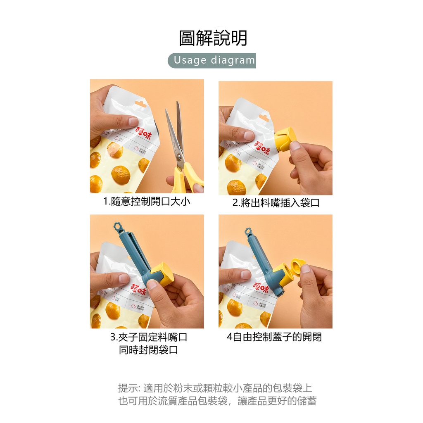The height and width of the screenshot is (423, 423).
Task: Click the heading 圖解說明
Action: click(x=213, y=38)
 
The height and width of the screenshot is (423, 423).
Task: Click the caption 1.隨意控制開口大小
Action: click(x=147, y=202)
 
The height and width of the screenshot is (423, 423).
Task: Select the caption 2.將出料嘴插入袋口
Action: click(x=276, y=203)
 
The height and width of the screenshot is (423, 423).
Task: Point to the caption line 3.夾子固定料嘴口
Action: click(x=148, y=337)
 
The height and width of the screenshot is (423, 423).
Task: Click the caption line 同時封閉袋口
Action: click(x=148, y=350)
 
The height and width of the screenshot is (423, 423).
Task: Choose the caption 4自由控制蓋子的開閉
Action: click(x=274, y=337)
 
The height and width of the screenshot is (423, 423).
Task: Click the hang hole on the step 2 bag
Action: click(x=264, y=118)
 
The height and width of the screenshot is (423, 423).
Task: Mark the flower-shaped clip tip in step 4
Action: click(x=248, y=232)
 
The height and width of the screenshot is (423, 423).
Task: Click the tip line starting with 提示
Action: click(x=215, y=388)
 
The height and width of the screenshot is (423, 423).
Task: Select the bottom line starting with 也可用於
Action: click(x=217, y=401)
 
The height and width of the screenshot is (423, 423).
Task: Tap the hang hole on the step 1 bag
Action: click(x=140, y=104)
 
